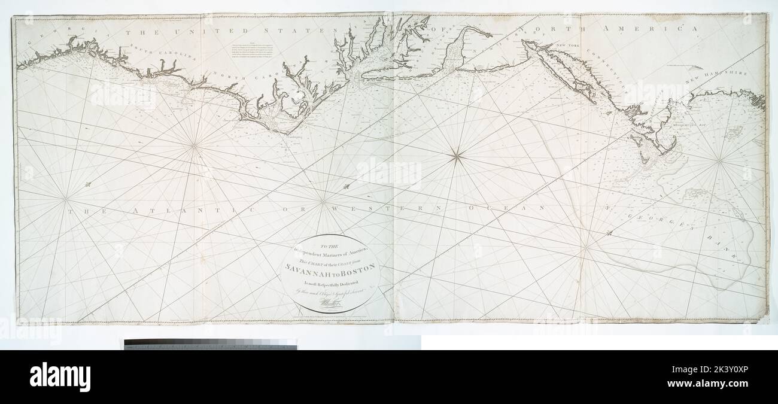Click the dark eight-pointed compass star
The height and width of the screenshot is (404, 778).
[456, 157]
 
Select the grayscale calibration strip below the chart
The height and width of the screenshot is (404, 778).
[210, 344]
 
